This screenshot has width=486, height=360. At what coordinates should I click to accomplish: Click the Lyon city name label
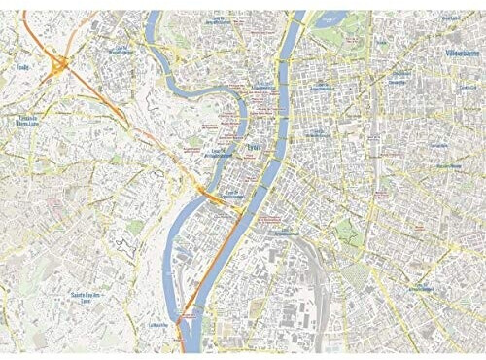pyautogui.click(x=256, y=148)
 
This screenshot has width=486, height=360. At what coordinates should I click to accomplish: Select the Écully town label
pyautogui.click(x=22, y=67)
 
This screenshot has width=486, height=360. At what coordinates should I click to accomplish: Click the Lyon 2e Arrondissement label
pyautogui.click(x=234, y=195)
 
